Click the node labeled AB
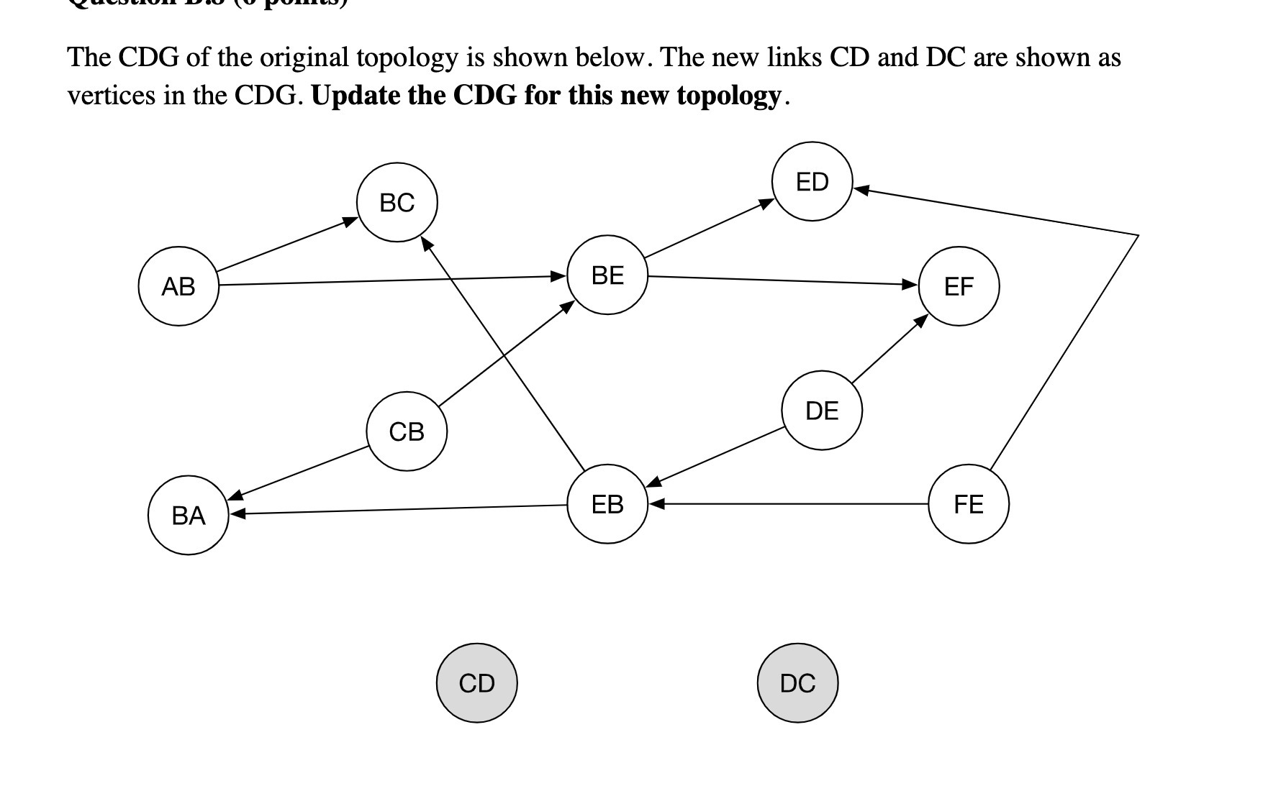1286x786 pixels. tap(178, 286)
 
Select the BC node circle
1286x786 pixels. tap(397, 202)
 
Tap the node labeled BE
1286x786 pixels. tap(607, 275)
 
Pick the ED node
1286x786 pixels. tap(812, 181)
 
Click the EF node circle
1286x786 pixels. tap(959, 286)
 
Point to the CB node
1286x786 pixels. tap(407, 431)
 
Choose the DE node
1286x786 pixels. tap(822, 410)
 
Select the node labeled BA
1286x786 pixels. tap(189, 515)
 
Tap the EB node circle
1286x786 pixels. tap(607, 504)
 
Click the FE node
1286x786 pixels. tap(969, 504)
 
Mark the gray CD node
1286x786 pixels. tap(476, 682)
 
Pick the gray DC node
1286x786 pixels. tap(797, 682)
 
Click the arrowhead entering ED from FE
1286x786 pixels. tap(861, 191)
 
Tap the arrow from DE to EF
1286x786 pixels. tap(889, 348)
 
